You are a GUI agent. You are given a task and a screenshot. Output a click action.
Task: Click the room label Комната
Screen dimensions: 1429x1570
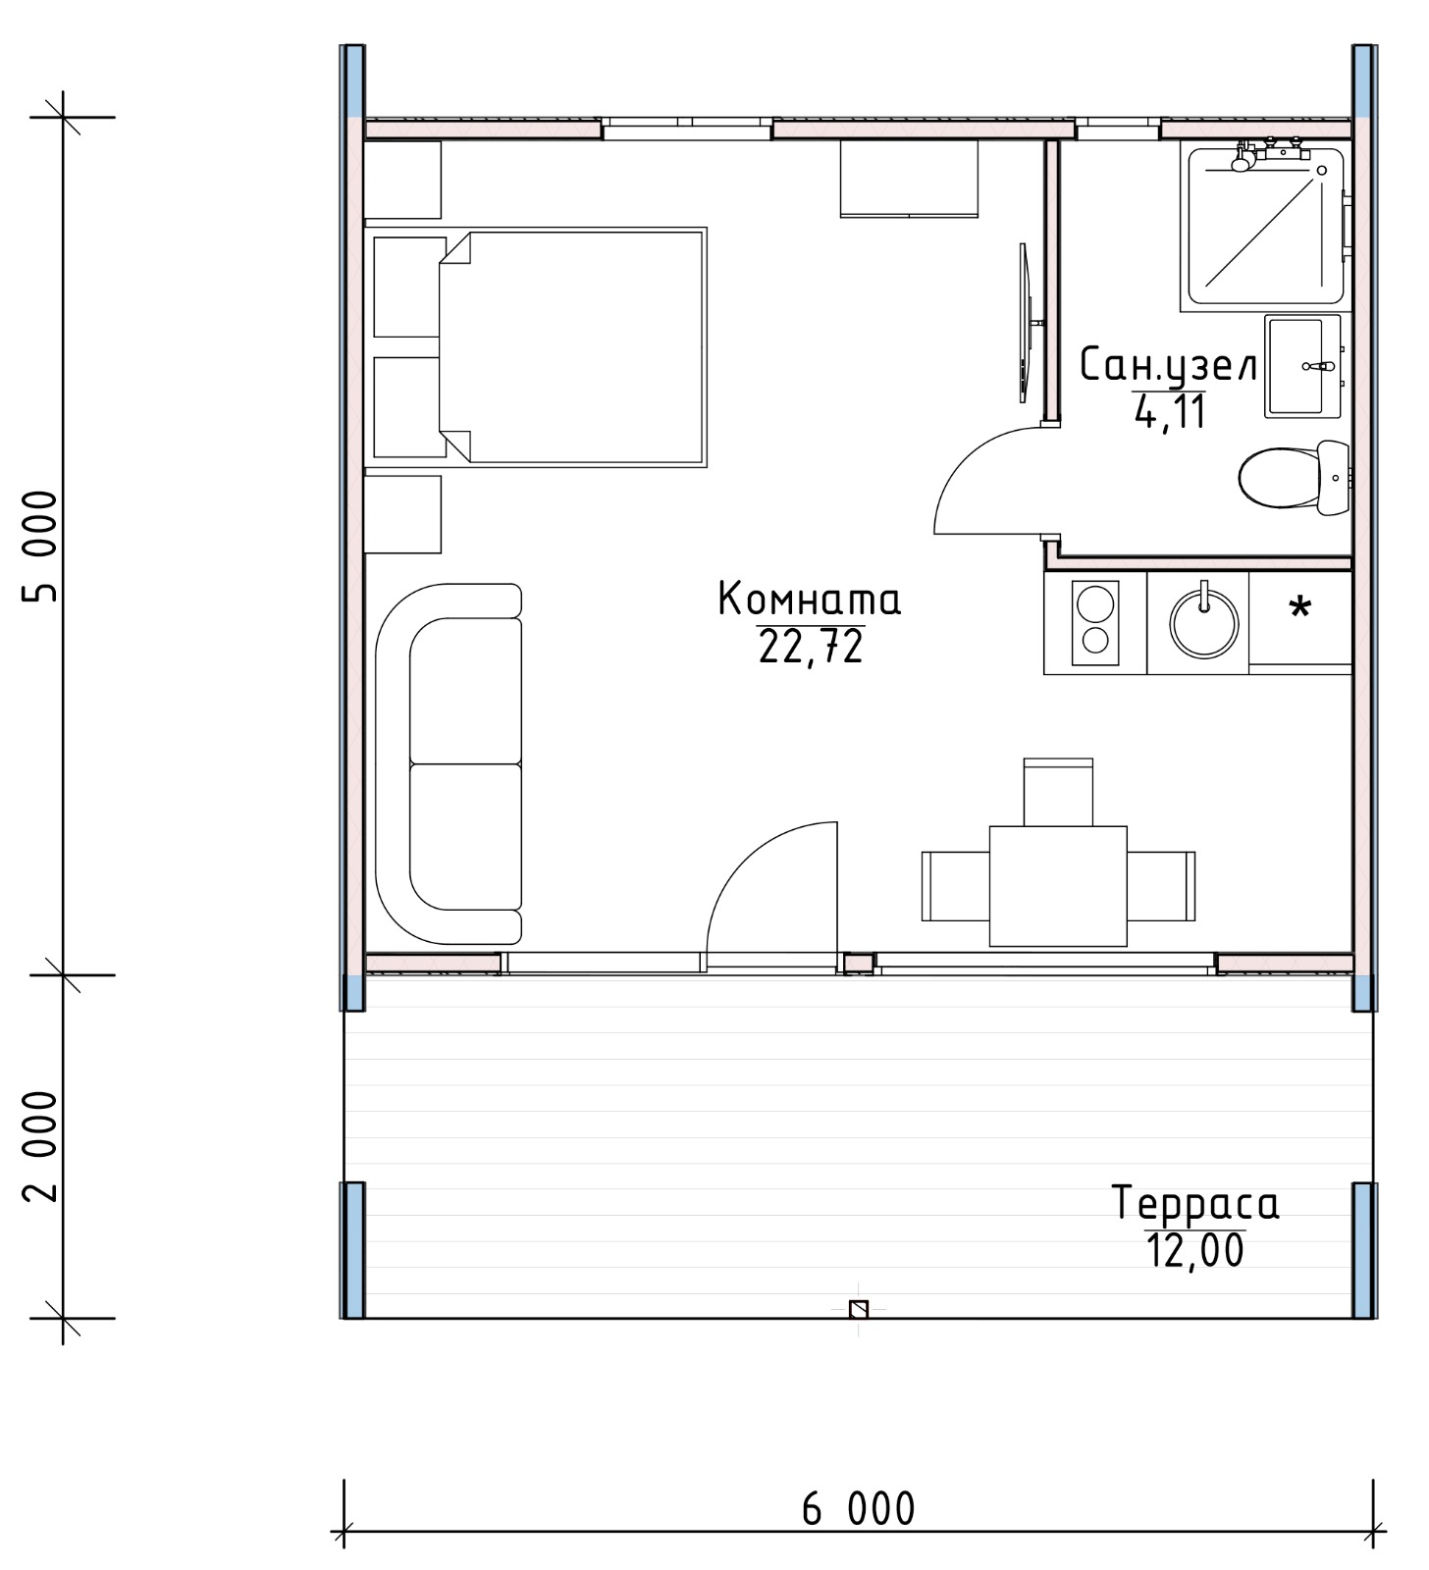click(809, 599)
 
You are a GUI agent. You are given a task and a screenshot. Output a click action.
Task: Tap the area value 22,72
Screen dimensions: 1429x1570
click(811, 647)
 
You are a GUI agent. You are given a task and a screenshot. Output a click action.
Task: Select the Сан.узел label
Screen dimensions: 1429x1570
click(1168, 365)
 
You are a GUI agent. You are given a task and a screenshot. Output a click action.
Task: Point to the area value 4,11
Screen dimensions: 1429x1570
click(1170, 411)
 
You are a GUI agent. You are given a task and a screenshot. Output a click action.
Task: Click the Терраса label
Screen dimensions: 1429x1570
click(1195, 1203)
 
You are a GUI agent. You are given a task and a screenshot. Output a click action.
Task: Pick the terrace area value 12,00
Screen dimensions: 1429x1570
click(1195, 1251)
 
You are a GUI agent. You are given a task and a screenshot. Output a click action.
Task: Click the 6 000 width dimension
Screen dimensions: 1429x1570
click(859, 1509)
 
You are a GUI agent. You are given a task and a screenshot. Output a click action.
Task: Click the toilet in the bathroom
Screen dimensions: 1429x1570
click(1294, 478)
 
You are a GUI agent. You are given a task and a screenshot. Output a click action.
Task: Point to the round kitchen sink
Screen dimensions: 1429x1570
click(1203, 623)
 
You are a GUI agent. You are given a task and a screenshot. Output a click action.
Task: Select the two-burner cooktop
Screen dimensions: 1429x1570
click(1095, 623)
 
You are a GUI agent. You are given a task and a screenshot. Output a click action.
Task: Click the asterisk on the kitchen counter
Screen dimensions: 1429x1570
click(1300, 607)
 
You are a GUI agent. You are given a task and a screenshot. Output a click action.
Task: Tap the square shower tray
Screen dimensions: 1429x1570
click(1265, 226)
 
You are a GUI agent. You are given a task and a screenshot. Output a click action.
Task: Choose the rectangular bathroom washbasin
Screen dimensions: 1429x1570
click(1302, 366)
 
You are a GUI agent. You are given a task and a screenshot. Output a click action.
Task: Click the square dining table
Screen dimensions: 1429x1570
click(1058, 886)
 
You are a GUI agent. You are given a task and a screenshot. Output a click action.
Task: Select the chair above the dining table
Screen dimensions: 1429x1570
click(1058, 792)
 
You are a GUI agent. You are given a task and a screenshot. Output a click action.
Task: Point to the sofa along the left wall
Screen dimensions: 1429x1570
click(449, 764)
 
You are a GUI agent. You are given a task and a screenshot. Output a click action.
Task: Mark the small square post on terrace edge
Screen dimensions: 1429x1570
click(859, 1309)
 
